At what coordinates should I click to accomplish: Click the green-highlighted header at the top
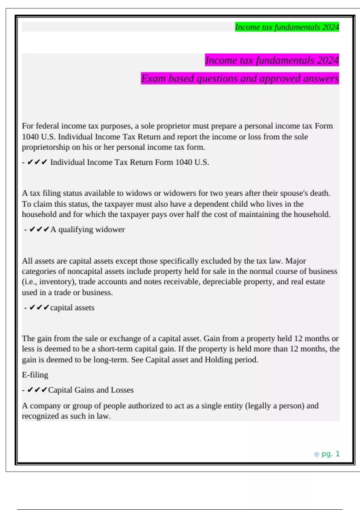coord(287,27)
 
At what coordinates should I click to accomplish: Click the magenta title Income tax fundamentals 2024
coord(272,60)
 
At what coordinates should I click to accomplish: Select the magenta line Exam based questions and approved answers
coord(240,78)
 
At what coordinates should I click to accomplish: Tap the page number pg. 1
coord(330,454)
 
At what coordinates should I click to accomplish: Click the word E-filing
coord(35,375)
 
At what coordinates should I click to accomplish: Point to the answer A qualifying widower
coord(87,229)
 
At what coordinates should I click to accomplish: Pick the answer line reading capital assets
coord(72,307)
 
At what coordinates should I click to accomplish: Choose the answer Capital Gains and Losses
coord(91,390)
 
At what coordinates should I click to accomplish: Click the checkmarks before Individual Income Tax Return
coord(37,162)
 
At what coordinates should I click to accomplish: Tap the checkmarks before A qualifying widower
coord(39,229)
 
